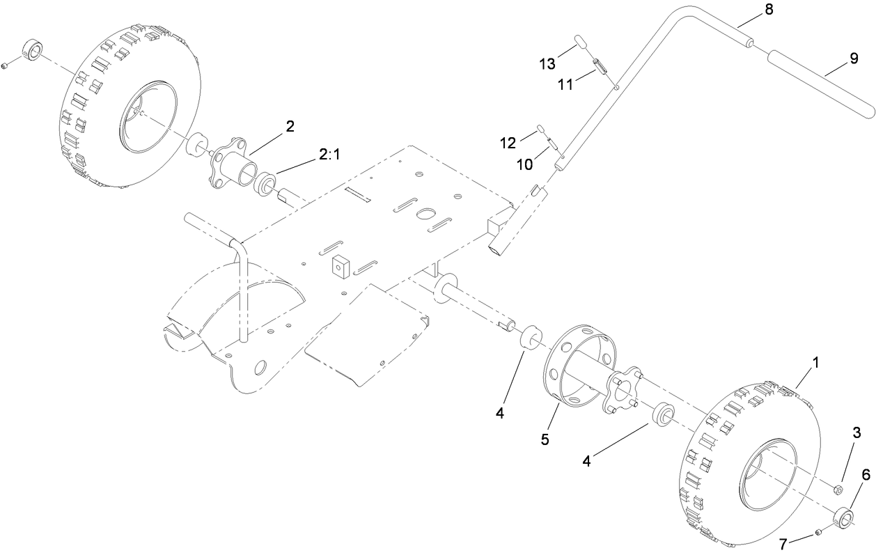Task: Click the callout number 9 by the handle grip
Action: [853, 59]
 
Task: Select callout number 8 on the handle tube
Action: [750, 10]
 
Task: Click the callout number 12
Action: [508, 143]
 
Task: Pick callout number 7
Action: [785, 544]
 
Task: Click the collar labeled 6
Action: [845, 518]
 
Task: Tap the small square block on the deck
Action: [341, 265]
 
